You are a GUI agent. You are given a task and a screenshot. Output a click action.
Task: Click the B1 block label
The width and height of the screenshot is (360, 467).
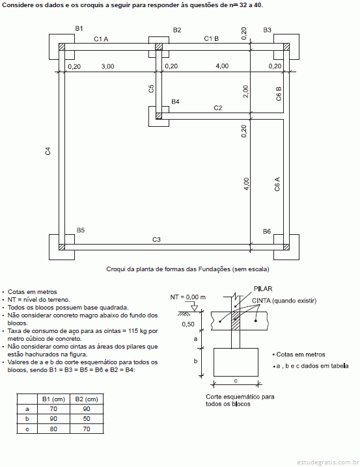click(x=79, y=29)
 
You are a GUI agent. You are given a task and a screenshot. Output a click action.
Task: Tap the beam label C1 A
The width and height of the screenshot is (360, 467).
click(x=101, y=39)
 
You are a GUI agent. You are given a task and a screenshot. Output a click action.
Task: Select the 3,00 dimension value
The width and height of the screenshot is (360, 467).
click(x=107, y=66)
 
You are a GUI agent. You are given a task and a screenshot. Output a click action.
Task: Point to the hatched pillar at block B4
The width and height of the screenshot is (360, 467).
click(x=159, y=116)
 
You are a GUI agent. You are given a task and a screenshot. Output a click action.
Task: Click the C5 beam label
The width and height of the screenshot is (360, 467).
click(x=151, y=88)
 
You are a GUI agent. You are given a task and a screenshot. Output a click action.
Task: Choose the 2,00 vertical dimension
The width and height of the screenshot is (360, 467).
click(x=245, y=92)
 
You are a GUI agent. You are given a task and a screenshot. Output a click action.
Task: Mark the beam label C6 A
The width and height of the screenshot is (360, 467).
click(x=277, y=184)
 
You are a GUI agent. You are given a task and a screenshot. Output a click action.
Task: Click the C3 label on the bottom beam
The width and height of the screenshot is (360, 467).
click(x=156, y=239)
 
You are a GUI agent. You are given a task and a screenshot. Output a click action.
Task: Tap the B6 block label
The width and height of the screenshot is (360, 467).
click(x=267, y=232)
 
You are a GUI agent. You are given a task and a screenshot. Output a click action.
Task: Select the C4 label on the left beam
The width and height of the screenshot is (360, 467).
click(x=48, y=151)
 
